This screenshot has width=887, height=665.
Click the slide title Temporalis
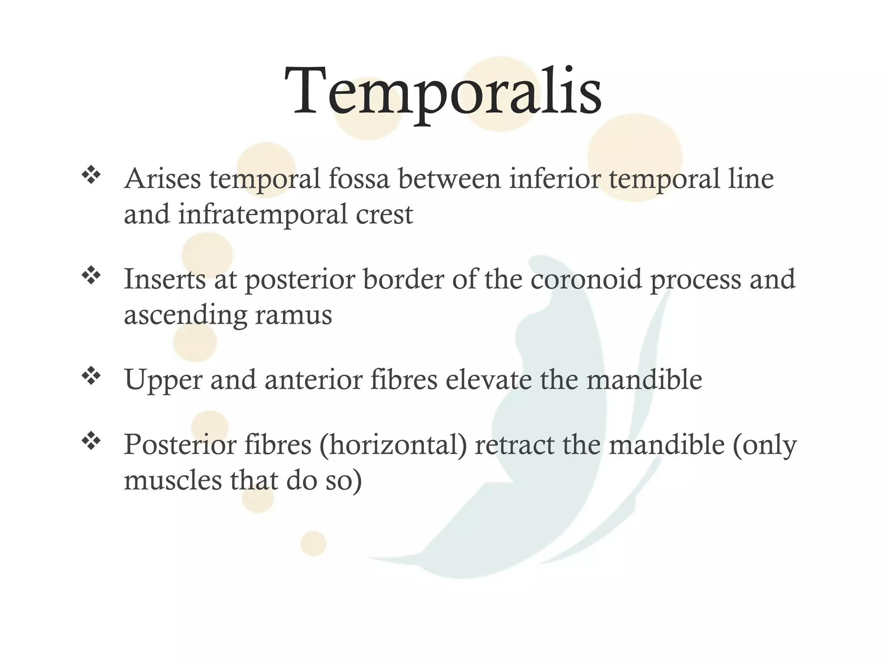tap(443, 92)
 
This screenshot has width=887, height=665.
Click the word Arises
tap(162, 178)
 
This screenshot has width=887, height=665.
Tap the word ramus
tap(293, 315)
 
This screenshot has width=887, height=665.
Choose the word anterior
tap(314, 379)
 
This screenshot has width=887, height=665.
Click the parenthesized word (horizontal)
tap(393, 445)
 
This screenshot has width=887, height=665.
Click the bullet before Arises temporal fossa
tap(91, 175)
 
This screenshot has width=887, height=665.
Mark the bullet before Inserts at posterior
tap(91, 275)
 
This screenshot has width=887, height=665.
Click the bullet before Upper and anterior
tap(91, 376)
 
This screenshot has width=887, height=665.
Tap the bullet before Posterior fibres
tap(91, 442)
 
